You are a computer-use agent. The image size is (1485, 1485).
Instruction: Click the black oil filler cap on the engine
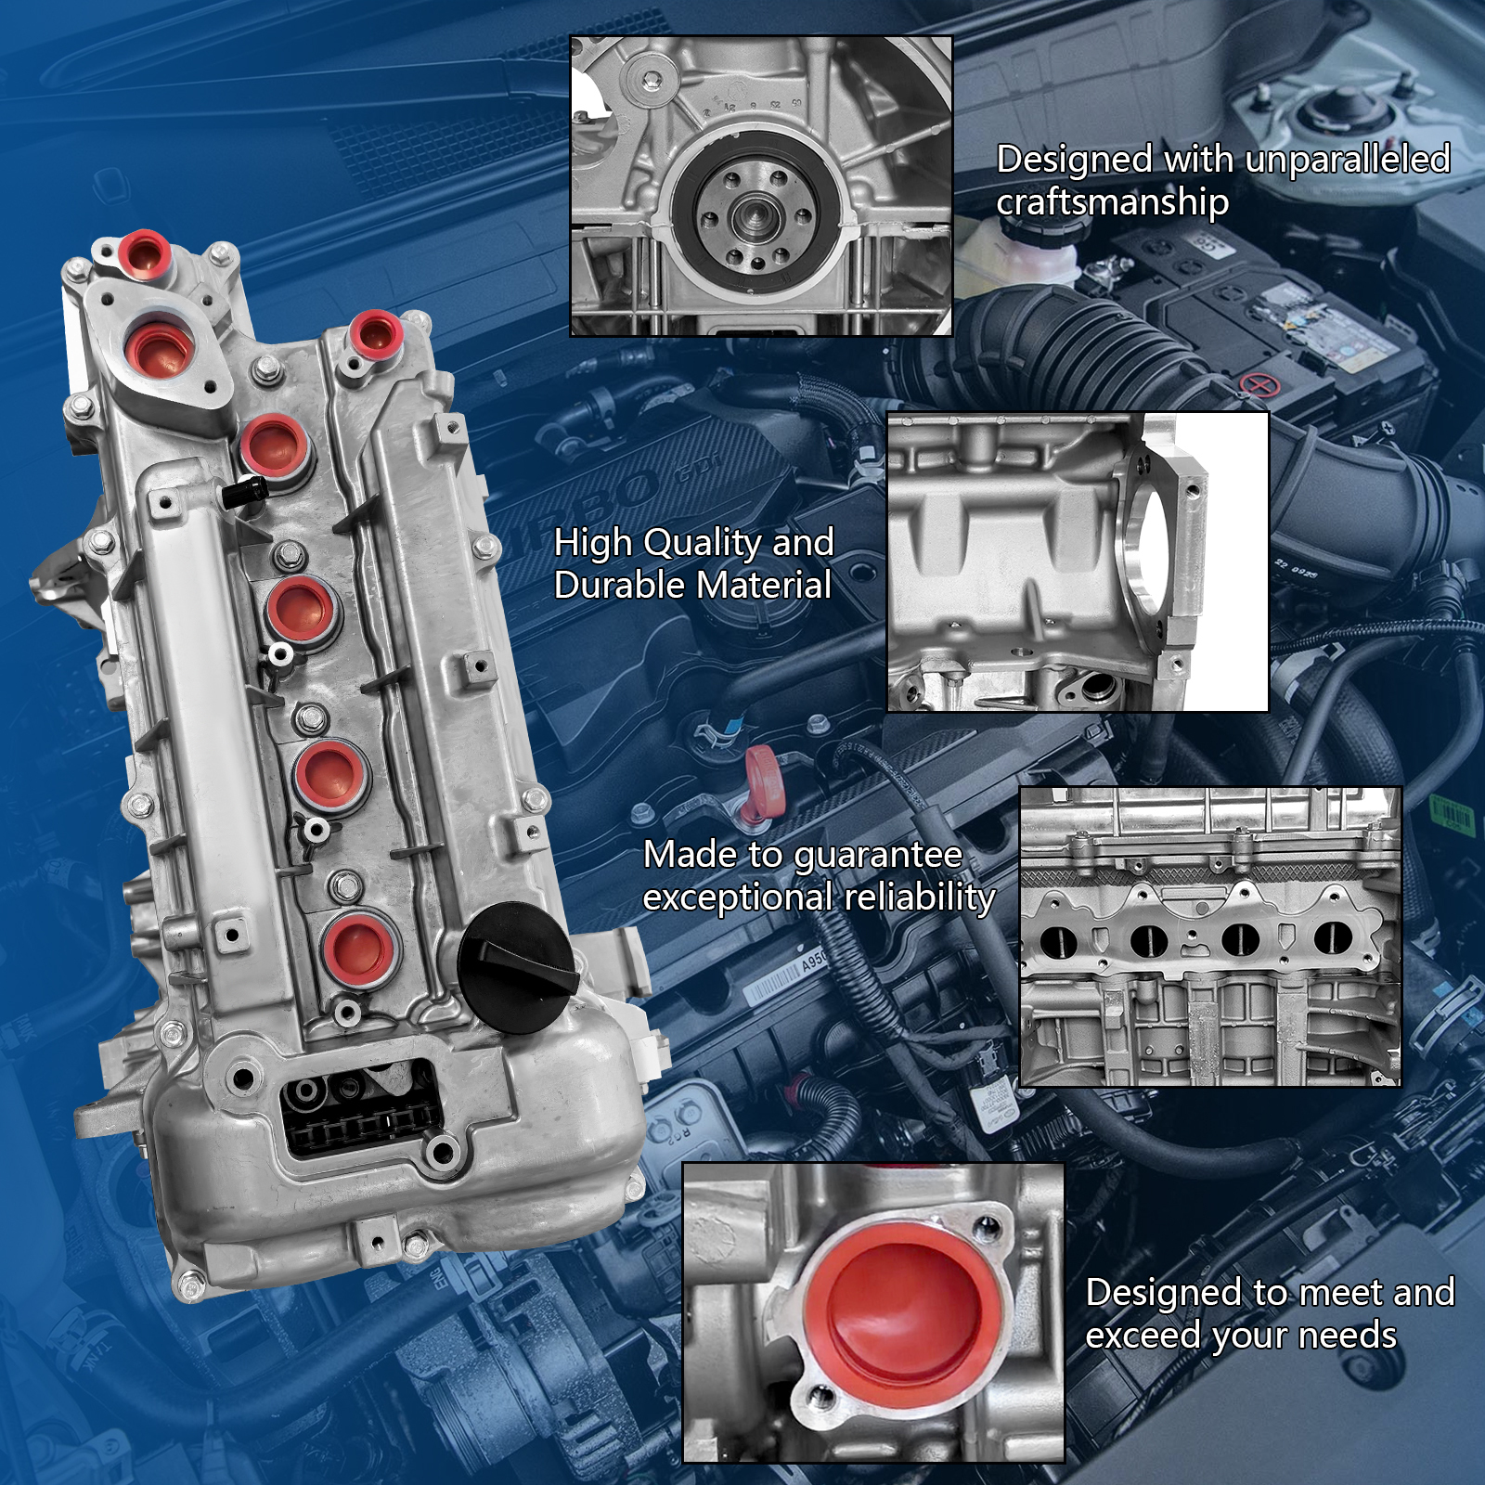(519, 968)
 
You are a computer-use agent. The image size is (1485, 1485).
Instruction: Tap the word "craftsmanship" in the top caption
(1112, 202)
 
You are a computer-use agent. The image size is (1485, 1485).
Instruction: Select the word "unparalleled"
(1347, 159)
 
